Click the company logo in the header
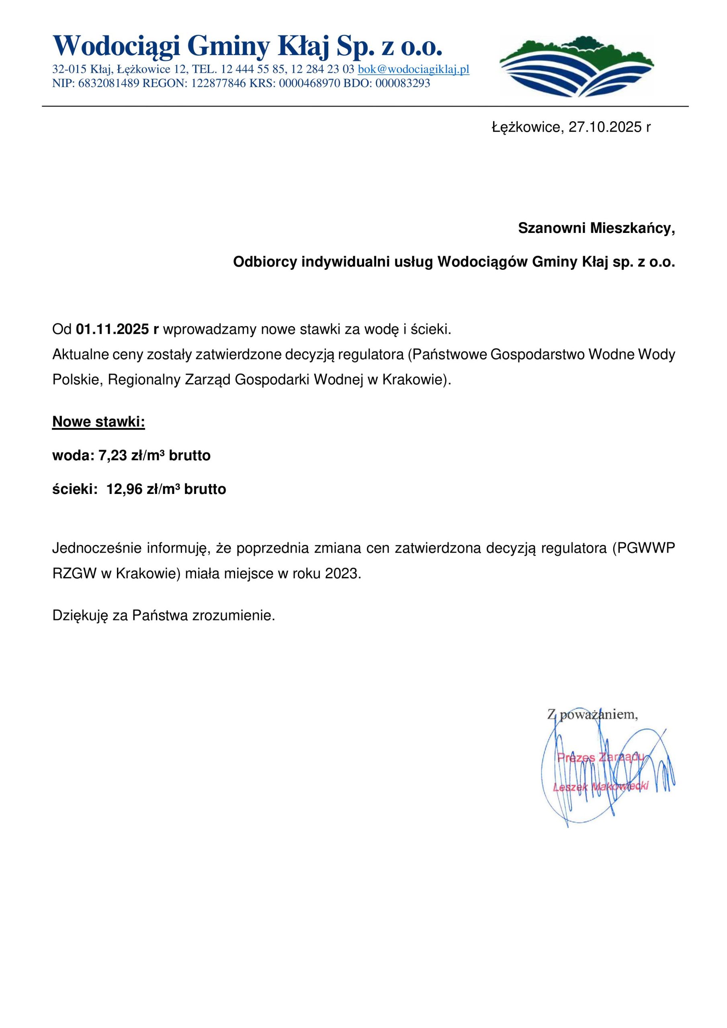576,66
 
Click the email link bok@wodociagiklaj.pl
413,69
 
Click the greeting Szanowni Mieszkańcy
596,228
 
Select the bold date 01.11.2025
113,330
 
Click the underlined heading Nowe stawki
98,422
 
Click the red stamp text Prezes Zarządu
600,758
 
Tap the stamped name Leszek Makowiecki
600,787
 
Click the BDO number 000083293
403,83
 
